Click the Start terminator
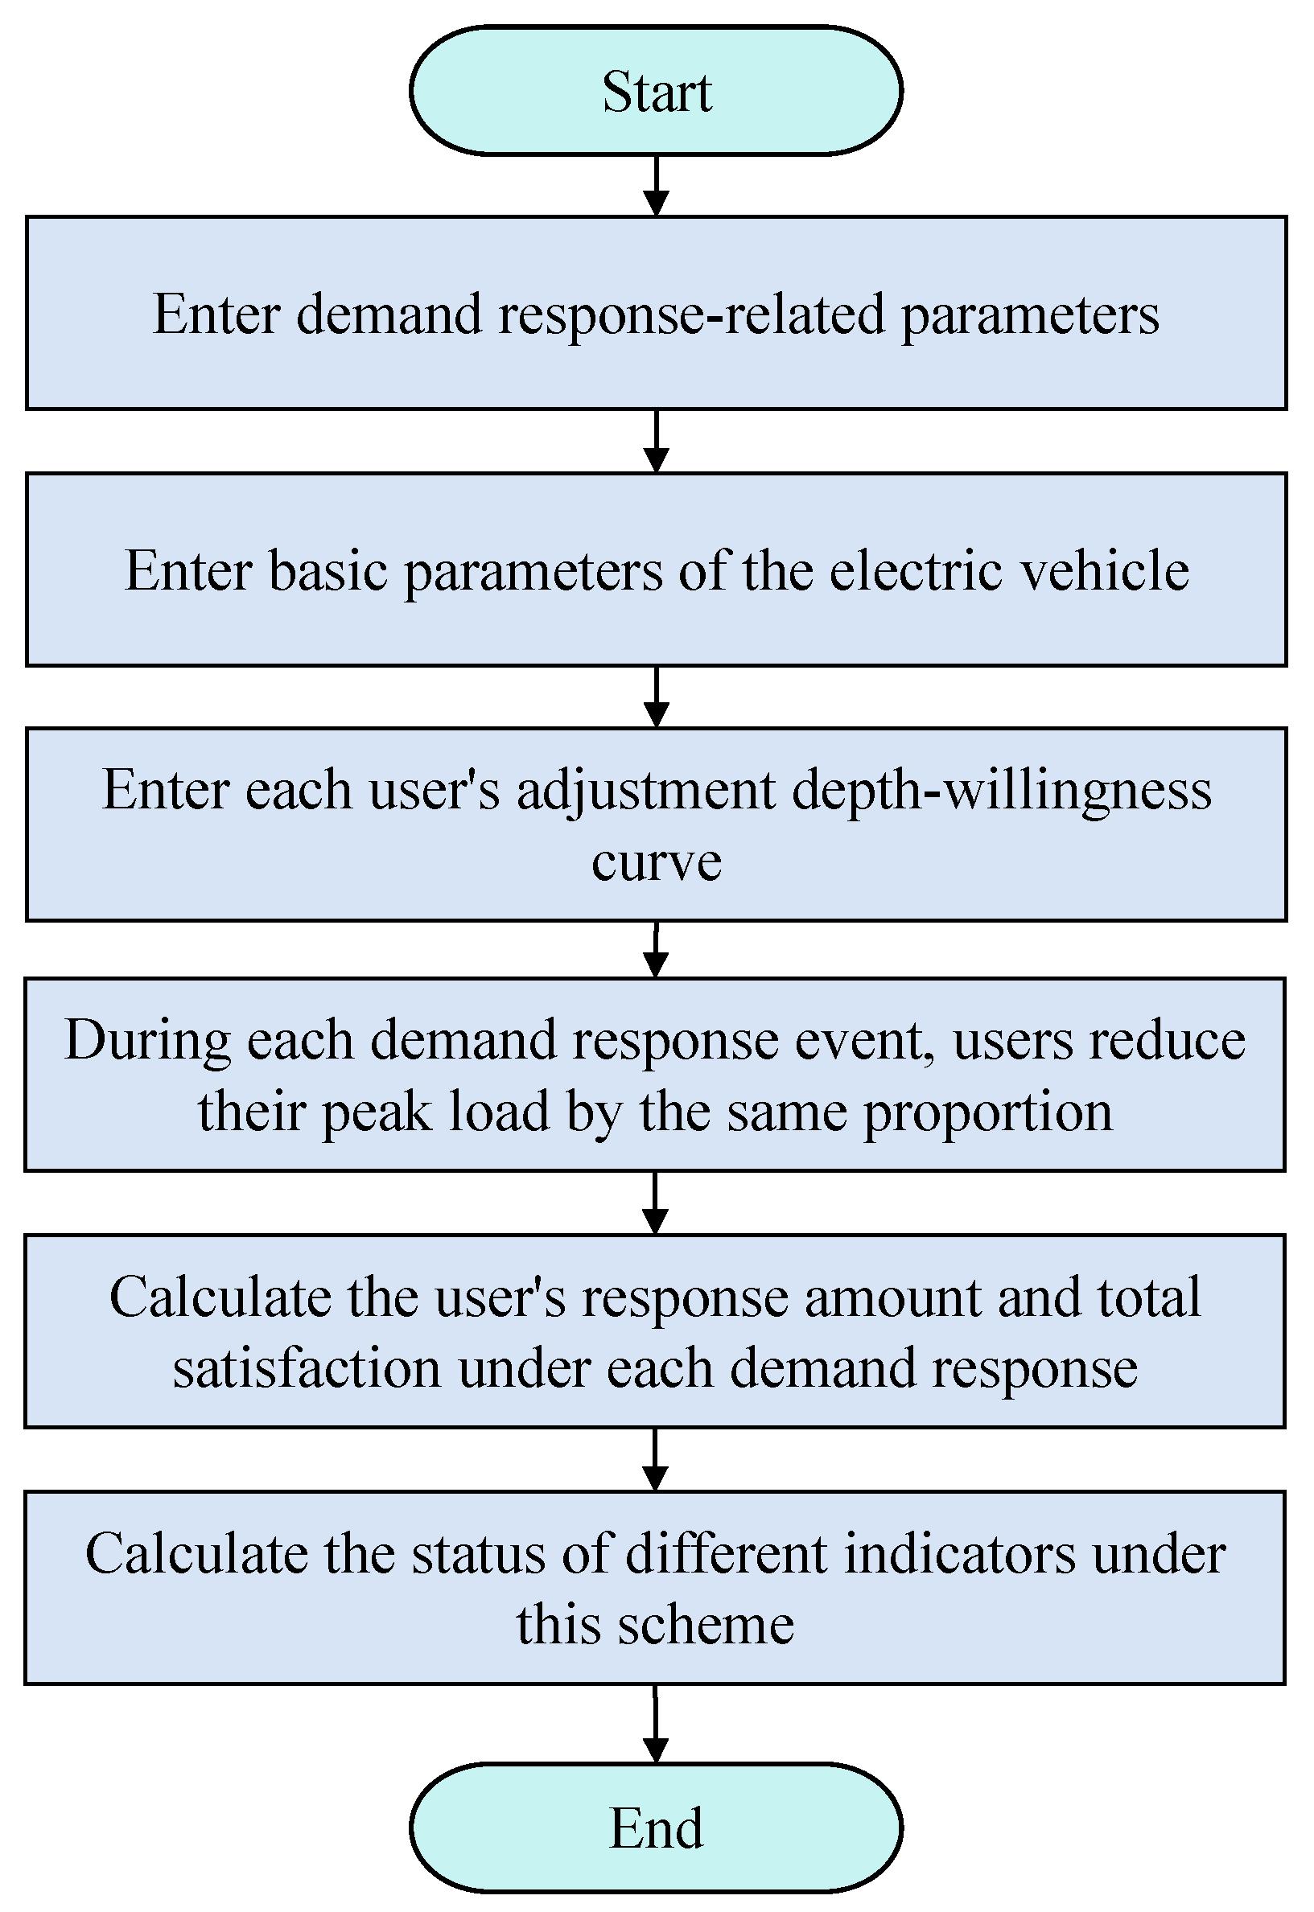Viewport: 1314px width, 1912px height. (656, 91)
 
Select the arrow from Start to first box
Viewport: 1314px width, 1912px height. (656, 185)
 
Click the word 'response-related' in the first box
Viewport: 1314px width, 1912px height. (691, 315)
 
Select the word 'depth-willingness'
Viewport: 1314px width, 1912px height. (1002, 790)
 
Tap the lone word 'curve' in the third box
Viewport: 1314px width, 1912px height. (656, 861)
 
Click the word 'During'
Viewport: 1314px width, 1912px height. (146, 1039)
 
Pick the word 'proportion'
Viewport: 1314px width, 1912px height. (988, 1112)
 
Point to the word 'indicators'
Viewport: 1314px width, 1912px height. (959, 1555)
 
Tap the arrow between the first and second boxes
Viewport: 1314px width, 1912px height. (656, 441)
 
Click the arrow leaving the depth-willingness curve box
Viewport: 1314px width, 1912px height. (656, 949)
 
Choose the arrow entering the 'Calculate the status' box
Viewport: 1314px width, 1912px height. (656, 1458)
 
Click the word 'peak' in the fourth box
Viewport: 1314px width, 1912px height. (377, 1112)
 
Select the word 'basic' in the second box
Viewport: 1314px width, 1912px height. (327, 570)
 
